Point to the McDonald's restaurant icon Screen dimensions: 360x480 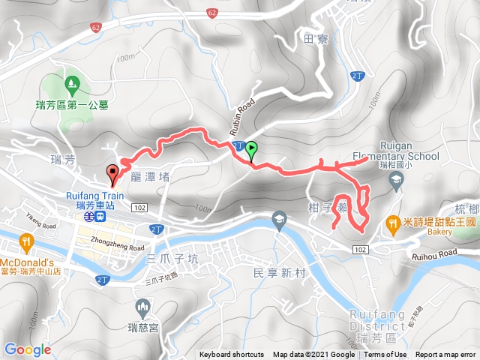click(26, 241)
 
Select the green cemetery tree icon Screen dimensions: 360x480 click(72, 82)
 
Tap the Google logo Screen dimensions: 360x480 click(28, 349)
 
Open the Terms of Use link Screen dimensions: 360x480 click(385, 355)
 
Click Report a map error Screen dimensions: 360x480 click(447, 355)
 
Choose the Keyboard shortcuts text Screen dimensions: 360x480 click(232, 355)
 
